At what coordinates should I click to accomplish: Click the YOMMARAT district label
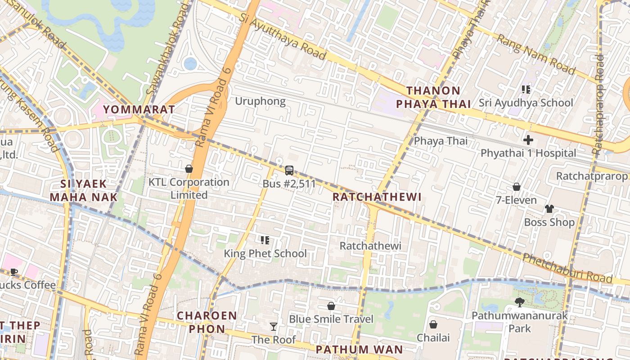coord(139,109)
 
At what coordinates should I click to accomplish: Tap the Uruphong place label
coord(260,101)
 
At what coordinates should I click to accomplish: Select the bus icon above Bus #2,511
coord(289,171)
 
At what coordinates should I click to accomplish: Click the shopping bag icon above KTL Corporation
coord(189,169)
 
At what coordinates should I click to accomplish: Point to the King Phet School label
coord(265,253)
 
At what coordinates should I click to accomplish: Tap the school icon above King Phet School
coord(265,240)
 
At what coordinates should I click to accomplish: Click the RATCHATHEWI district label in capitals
coord(377,197)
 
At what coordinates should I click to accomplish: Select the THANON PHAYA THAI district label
coord(433,97)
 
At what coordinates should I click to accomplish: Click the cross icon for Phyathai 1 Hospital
coord(528,139)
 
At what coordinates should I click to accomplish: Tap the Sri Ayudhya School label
coord(526,103)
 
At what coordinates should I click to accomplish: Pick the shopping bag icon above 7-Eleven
coord(517,187)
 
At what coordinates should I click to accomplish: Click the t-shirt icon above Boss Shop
coord(549,209)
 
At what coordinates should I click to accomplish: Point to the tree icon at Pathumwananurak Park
coord(520,302)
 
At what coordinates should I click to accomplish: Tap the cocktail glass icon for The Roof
coord(273,327)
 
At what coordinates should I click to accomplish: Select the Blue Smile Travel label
coord(331,319)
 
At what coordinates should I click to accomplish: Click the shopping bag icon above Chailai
coord(433,324)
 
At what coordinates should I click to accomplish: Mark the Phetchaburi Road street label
coord(567,269)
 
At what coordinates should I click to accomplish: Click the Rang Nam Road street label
coord(535,54)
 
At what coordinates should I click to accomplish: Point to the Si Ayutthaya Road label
coord(282,36)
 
